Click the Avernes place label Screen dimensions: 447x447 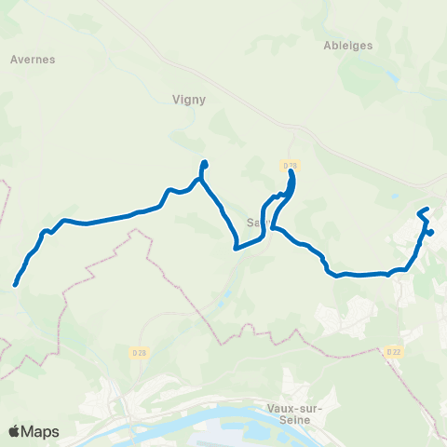[33, 59]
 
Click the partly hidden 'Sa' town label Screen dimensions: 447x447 [255, 223]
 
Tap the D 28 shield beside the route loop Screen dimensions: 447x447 [289, 165]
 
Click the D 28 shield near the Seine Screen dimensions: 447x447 [138, 352]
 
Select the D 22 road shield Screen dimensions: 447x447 [393, 352]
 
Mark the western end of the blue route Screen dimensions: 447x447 [16, 284]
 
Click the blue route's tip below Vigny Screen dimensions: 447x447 [204, 164]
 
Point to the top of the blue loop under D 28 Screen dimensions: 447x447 [291, 173]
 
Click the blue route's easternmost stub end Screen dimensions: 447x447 [432, 232]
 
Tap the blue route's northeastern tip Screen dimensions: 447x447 [427, 210]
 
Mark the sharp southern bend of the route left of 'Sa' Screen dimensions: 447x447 [237, 249]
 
